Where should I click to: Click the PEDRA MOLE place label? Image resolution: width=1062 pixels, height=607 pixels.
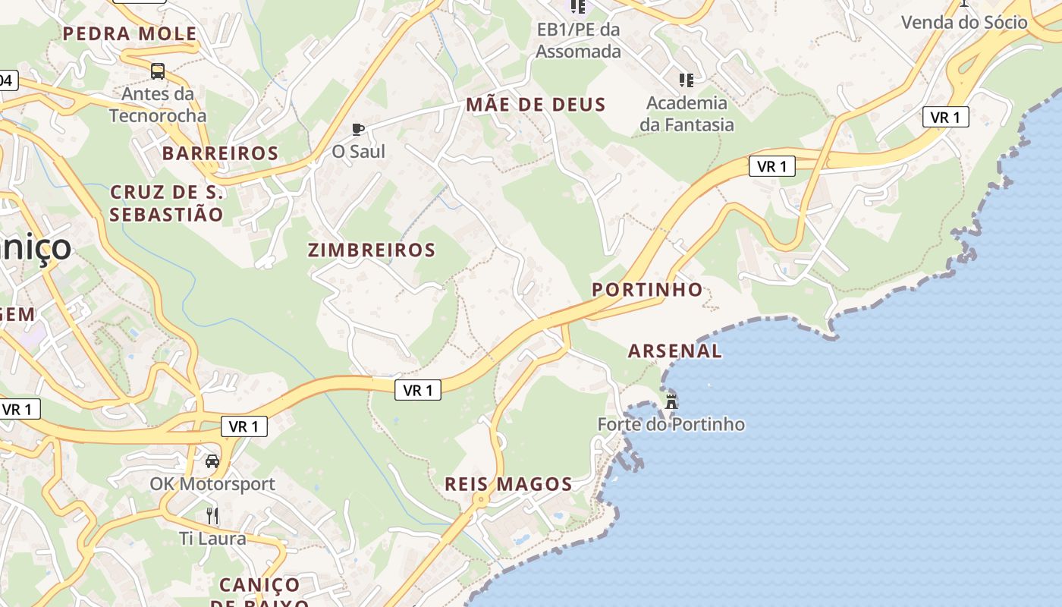tap(130, 33)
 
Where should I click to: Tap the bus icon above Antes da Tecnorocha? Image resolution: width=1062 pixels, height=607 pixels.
tap(158, 71)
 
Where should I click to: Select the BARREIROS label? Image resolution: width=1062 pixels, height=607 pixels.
tap(220, 153)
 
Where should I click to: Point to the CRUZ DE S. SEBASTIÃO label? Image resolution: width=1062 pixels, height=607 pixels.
tap(167, 203)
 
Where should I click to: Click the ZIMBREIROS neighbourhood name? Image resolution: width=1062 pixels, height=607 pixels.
tap(372, 250)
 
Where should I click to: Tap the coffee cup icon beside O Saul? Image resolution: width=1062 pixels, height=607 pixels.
tap(358, 129)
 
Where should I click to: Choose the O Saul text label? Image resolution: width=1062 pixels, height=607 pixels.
tap(359, 152)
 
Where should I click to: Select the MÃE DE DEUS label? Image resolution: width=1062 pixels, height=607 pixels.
tap(536, 105)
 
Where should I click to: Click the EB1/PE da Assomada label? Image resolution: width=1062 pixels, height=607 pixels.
tap(578, 41)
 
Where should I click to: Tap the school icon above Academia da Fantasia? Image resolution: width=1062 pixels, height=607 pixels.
tap(687, 80)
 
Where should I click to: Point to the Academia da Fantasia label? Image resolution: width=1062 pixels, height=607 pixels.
tap(687, 114)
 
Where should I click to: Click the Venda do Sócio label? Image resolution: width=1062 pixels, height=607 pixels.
tap(964, 22)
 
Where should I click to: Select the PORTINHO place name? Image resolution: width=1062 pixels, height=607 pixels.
tap(647, 290)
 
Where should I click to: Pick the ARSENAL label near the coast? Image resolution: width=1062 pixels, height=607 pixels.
tap(675, 351)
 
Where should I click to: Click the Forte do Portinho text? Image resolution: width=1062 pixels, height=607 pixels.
tap(671, 424)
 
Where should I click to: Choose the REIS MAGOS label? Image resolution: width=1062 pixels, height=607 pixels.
tap(508, 484)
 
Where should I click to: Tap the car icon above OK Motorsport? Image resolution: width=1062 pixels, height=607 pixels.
tap(212, 461)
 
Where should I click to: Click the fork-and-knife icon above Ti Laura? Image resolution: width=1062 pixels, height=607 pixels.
tap(212, 516)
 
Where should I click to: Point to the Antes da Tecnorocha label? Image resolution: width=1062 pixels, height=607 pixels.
tap(158, 105)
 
